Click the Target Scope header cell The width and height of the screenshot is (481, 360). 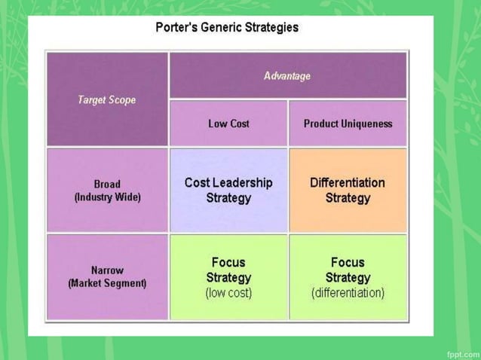(x=107, y=99)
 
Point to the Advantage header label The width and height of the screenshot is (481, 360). (x=287, y=76)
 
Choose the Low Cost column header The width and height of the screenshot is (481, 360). (x=228, y=124)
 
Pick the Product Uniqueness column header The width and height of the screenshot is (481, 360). (x=348, y=124)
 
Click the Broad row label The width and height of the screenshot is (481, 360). (x=107, y=184)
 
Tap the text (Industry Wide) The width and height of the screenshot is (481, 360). (x=107, y=197)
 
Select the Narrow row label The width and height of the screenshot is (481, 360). (x=107, y=270)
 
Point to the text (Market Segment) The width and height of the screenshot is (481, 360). (x=107, y=284)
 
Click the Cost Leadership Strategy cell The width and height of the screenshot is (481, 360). (x=228, y=190)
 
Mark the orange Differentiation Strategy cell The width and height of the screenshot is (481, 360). (x=348, y=190)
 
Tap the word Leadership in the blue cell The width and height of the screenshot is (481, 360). (x=243, y=182)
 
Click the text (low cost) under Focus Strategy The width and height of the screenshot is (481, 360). (x=228, y=292)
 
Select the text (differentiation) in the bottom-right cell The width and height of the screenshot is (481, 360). (x=348, y=292)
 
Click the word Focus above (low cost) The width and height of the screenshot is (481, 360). (x=228, y=262)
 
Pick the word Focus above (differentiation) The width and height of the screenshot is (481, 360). (x=348, y=262)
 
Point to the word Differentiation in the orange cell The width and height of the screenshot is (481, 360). (x=348, y=182)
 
